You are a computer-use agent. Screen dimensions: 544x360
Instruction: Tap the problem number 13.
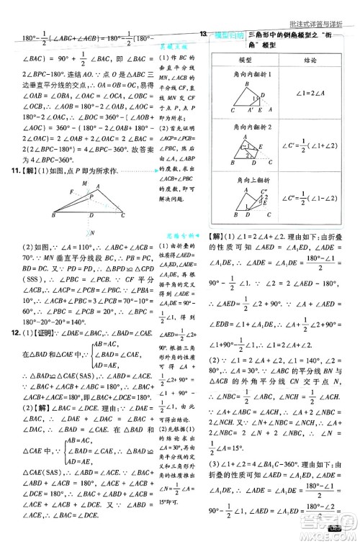point(205,35)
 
